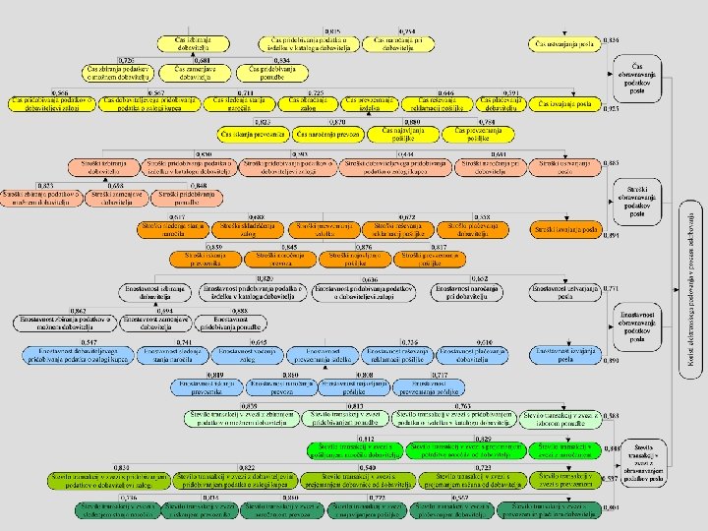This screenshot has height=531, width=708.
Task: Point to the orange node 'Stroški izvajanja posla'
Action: tap(564, 229)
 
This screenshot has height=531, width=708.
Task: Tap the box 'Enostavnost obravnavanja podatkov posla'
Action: tap(638, 324)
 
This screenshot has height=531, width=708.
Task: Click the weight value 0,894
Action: tap(612, 236)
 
